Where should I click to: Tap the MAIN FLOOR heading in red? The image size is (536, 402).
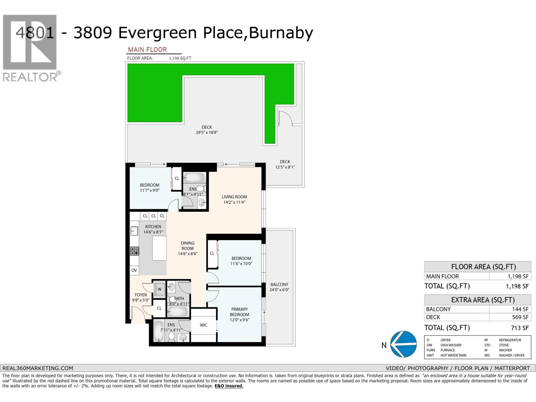[x=147, y=50]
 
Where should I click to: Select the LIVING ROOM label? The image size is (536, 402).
[x=234, y=199]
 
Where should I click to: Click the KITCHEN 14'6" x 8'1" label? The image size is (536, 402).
[x=153, y=229]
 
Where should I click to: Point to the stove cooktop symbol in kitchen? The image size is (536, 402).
[x=135, y=251]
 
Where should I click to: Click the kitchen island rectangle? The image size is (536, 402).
[x=159, y=248]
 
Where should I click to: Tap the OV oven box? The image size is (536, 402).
[x=134, y=270]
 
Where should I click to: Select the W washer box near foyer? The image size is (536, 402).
[x=160, y=289]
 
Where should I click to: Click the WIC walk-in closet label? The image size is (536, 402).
[x=203, y=325]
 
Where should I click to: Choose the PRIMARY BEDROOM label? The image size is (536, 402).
[x=240, y=314]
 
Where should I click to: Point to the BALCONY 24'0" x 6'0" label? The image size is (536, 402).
[x=279, y=287]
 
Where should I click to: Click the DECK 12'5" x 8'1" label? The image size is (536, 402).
[x=285, y=164]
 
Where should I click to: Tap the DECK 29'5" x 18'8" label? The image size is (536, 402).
[x=207, y=130]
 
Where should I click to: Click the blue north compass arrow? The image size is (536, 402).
[x=404, y=344]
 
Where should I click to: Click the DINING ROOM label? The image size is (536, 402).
[x=188, y=248]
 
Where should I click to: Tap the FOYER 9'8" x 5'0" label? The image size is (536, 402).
[x=141, y=297]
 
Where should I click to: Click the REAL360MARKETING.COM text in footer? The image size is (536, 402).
[x=38, y=368]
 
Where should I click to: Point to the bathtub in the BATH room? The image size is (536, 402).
[x=178, y=312]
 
